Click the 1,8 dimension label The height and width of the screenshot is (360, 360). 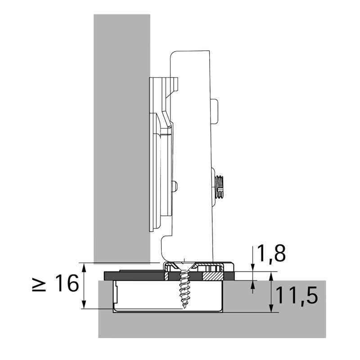coord(271,253)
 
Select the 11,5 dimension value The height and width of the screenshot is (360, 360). coord(297,295)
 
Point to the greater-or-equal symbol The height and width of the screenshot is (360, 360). coord(39,283)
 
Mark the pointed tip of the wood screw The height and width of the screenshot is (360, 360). coord(184,308)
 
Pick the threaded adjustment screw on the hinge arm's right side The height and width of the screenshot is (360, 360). coord(219,187)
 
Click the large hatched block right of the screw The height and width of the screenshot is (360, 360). coord(212,276)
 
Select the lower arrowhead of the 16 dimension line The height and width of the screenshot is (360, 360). coord(85,305)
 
